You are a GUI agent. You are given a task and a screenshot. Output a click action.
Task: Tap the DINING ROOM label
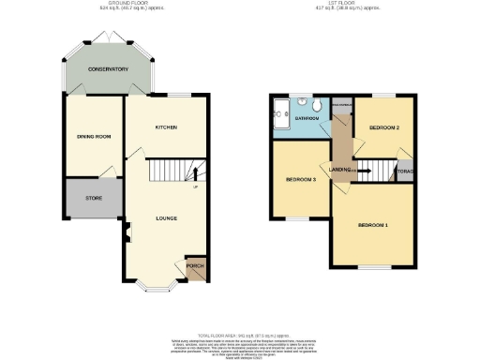(x=94, y=137)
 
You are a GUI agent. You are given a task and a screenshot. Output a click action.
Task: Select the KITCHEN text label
(x=167, y=127)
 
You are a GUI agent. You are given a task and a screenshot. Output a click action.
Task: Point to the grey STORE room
(x=94, y=197)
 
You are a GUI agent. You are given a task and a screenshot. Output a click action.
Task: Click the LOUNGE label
(x=167, y=217)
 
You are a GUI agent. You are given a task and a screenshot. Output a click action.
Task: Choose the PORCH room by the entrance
(x=195, y=267)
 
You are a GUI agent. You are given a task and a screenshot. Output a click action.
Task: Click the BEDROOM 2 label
(x=384, y=127)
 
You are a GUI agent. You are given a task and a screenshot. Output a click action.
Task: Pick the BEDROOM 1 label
(x=373, y=225)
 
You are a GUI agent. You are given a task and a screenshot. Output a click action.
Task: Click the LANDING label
(x=340, y=170)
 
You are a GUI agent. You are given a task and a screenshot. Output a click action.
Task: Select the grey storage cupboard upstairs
(x=405, y=172)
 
